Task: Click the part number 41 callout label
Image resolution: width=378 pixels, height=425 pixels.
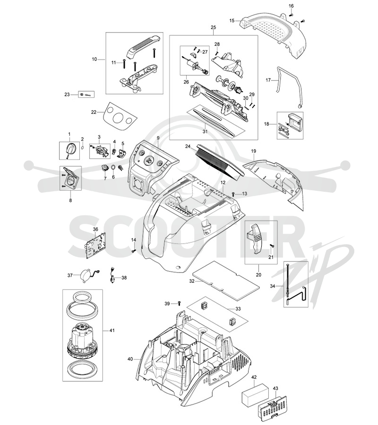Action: pyautogui.click(x=112, y=331)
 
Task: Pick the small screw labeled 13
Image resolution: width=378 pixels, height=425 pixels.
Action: pyautogui.click(x=233, y=194)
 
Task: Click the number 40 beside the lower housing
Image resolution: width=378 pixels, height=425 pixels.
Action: pyautogui.click(x=130, y=359)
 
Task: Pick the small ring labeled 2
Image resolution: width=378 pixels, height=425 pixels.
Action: pyautogui.click(x=83, y=147)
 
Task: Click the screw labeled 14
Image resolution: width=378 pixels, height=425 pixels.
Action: pyautogui.click(x=133, y=251)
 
